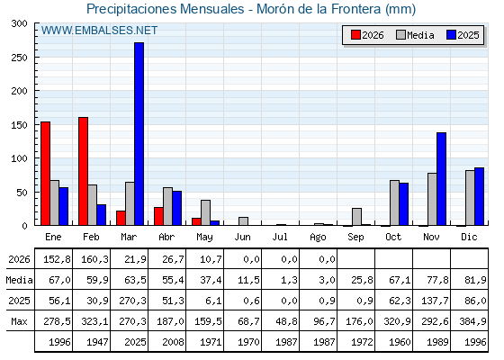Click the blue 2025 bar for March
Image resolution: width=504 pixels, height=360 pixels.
click(139, 134)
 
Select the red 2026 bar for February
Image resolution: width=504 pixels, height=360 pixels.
click(83, 171)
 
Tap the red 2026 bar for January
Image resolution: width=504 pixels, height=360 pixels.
click(45, 174)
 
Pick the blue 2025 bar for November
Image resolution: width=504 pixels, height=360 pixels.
click(441, 179)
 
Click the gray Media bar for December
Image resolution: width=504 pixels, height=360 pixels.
click(470, 198)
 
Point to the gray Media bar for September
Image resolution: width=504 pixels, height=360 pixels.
click(356, 217)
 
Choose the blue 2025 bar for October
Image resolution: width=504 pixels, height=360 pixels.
click(404, 204)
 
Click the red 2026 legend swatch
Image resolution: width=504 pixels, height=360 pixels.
click(355, 35)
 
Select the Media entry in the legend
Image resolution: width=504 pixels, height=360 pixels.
click(415, 35)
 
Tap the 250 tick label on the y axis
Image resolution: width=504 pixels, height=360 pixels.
click(19, 58)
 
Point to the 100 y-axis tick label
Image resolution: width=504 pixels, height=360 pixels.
click(19, 158)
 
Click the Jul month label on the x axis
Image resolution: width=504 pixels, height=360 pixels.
click(280, 237)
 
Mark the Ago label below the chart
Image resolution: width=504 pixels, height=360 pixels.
click(318, 238)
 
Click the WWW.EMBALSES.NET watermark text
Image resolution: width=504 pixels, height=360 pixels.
click(99, 31)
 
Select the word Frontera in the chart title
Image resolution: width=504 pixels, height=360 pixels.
click(355, 9)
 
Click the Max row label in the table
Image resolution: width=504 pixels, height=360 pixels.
click(19, 321)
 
